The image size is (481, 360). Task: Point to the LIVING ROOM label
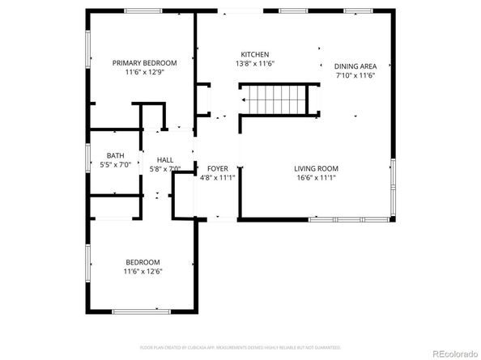click(315, 168)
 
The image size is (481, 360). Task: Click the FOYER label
click(216, 168)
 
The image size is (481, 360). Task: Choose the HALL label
click(165, 160)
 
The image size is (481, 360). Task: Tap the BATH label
click(115, 155)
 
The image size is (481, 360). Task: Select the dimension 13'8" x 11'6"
click(255, 63)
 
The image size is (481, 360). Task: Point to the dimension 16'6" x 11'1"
click(315, 177)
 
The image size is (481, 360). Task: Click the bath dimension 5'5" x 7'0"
click(115, 165)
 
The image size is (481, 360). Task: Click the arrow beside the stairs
click(245, 100)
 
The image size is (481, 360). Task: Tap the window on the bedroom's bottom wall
click(141, 311)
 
